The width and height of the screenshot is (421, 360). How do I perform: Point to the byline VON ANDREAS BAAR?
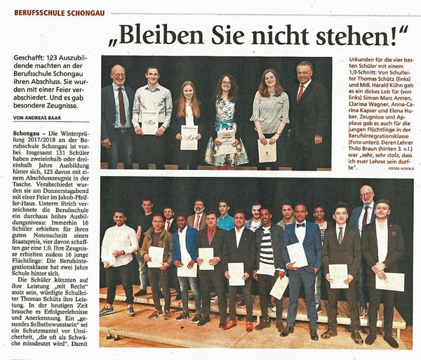click(x=40, y=117)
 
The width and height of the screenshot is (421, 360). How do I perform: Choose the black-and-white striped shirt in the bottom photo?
click(x=266, y=246)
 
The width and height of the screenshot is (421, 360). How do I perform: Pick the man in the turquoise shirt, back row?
click(x=225, y=219)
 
